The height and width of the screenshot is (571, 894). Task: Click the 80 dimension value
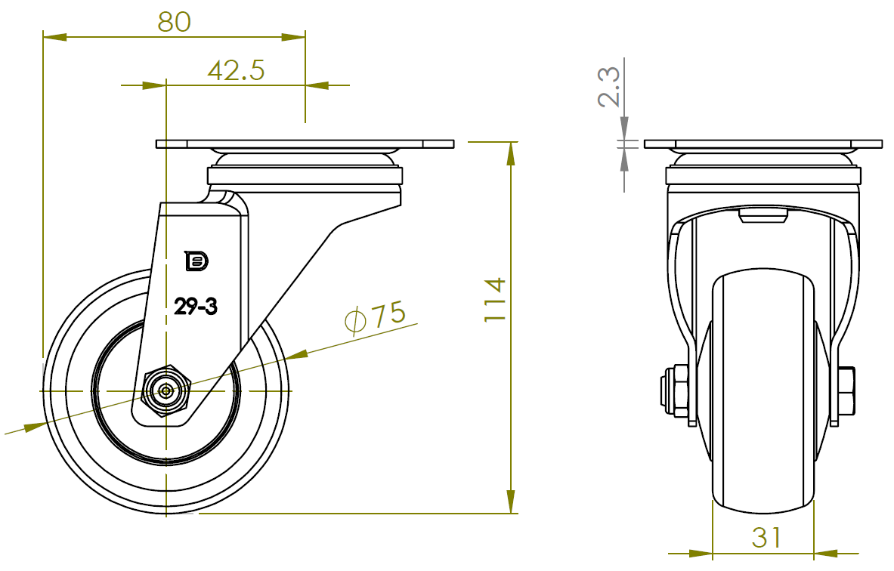pyautogui.click(x=174, y=21)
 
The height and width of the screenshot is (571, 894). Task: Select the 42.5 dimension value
pyautogui.click(x=236, y=71)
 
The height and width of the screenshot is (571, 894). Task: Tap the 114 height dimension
pyautogui.click(x=494, y=300)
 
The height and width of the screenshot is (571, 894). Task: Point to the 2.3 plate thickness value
pyautogui.click(x=609, y=86)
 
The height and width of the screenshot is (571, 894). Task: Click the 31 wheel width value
pyautogui.click(x=766, y=537)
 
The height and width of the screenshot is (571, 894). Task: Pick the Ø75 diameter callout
pyautogui.click(x=375, y=316)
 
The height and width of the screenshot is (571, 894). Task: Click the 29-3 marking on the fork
pyautogui.click(x=196, y=306)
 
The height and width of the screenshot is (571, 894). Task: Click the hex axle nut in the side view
pyautogui.click(x=166, y=390)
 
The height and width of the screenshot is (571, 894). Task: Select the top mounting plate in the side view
pyautogui.click(x=305, y=144)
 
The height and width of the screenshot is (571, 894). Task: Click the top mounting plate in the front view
pyautogui.click(x=763, y=144)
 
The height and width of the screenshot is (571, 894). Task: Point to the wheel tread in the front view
pyautogui.click(x=763, y=393)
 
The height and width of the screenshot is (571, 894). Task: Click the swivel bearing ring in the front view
pyautogui.click(x=763, y=176)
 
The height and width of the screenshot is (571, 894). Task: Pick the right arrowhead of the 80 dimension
pyautogui.click(x=295, y=35)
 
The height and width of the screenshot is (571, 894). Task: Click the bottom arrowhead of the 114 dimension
pyautogui.click(x=512, y=502)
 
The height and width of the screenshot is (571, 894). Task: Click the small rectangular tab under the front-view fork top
pyautogui.click(x=763, y=218)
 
